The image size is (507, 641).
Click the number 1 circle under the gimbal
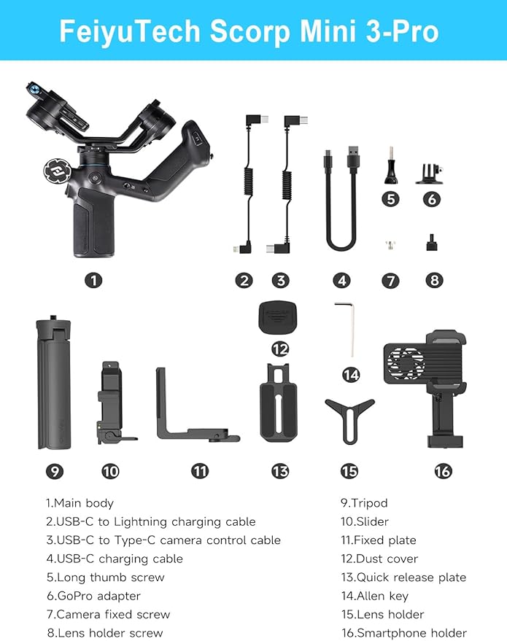(93, 280)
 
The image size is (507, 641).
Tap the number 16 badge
(442, 471)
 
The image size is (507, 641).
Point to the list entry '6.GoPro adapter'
(93, 596)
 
